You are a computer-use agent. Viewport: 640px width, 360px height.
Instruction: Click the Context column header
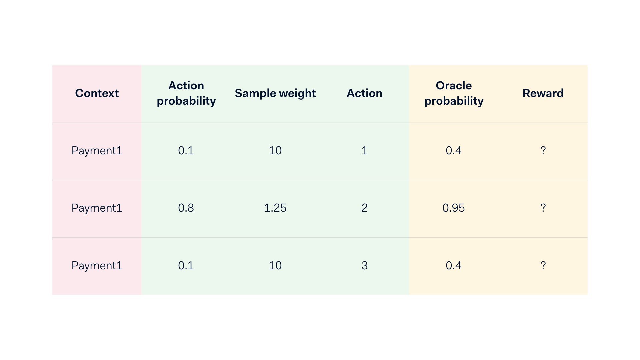pos(97,93)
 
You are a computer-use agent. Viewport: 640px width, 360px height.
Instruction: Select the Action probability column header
pos(186,93)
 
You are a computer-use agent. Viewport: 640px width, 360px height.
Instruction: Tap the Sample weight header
pos(275,93)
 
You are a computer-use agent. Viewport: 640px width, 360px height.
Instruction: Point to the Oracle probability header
pos(454,93)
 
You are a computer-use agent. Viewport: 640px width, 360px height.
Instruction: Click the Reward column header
pos(543,93)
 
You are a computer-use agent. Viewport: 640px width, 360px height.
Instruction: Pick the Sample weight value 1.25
pos(275,208)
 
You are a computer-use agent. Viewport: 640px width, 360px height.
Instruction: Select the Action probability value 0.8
pos(186,208)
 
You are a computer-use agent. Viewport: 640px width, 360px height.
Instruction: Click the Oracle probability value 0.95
pos(453,208)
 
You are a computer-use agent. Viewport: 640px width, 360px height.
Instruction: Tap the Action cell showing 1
pos(364,151)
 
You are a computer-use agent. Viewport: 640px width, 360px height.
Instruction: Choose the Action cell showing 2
pos(364,208)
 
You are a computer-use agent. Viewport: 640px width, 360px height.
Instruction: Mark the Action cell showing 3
pos(364,266)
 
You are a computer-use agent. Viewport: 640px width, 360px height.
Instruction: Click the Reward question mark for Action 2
pos(543,208)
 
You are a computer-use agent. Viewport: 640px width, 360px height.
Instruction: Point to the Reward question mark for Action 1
pos(543,151)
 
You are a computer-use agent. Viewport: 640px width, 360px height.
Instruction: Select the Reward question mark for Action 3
pos(543,266)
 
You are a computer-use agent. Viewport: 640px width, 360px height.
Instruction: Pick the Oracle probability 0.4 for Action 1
pos(453,151)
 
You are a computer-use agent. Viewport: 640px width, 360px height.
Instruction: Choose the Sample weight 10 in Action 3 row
pos(275,266)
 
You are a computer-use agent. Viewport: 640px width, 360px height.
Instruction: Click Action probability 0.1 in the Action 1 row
pos(186,151)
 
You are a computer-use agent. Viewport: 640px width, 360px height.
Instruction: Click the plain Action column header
pos(364,93)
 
